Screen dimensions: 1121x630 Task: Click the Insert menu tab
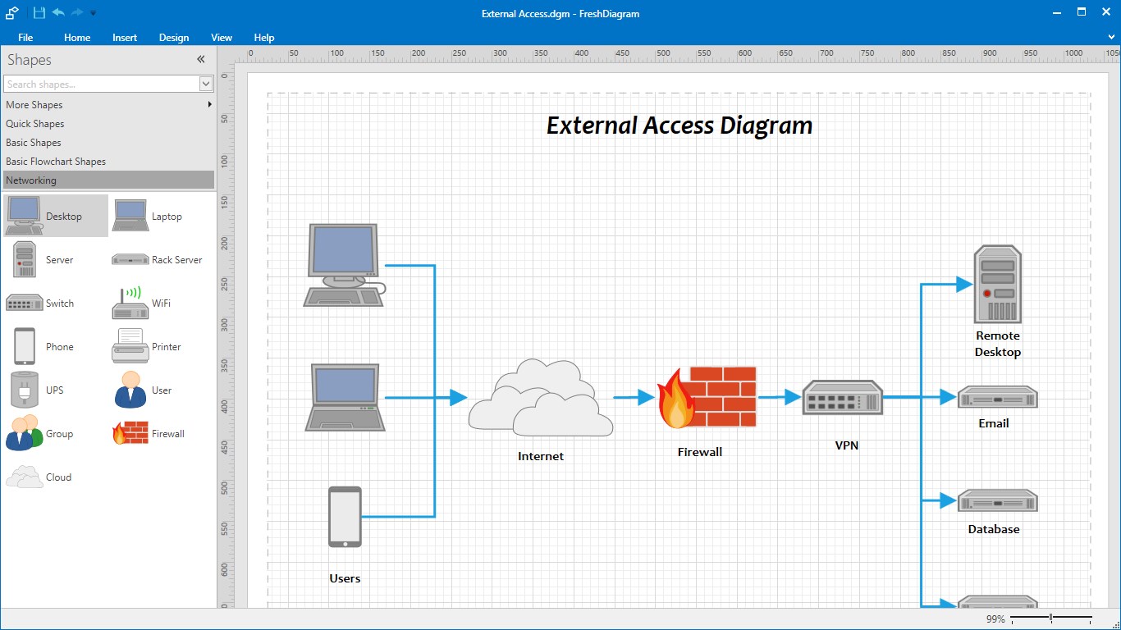125,38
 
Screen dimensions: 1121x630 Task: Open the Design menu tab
174,38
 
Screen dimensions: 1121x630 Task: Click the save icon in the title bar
39,12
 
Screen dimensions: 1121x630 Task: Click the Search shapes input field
102,84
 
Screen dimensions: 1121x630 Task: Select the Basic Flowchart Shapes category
56,161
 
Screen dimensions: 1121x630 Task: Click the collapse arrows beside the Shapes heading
201,60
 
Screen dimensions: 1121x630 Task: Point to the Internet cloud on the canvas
541,397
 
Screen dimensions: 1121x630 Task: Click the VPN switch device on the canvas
842,397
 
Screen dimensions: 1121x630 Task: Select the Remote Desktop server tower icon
997,284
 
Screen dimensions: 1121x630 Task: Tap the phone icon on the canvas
345,517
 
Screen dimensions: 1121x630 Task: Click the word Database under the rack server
993,529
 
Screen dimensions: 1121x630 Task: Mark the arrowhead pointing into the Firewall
646,397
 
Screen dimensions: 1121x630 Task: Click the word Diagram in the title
766,126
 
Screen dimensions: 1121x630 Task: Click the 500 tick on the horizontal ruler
663,53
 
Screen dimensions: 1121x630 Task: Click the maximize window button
1082,12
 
